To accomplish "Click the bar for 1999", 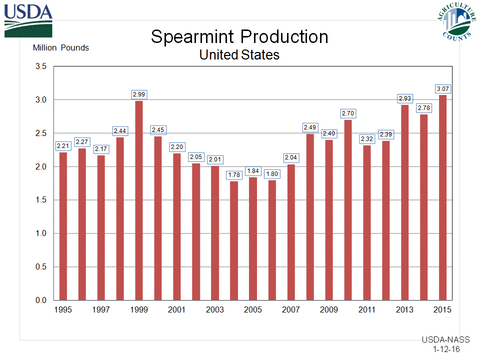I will [x=139, y=200].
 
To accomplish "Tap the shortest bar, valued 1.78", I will [x=234, y=240].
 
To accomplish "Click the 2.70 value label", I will [x=348, y=113].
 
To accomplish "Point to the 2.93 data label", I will [x=405, y=98].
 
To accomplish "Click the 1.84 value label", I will [x=253, y=171].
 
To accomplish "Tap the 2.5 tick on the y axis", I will [x=40, y=133].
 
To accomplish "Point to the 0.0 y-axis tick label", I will [x=40, y=300].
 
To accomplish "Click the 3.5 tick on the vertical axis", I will [x=40, y=66].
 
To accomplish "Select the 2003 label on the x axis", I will [x=215, y=310].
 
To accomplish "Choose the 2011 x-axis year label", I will [x=367, y=310].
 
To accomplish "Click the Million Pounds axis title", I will [x=60, y=48].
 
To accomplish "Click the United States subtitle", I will [x=239, y=54].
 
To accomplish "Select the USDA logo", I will [x=28, y=20].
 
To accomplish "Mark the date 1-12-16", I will [x=446, y=349].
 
